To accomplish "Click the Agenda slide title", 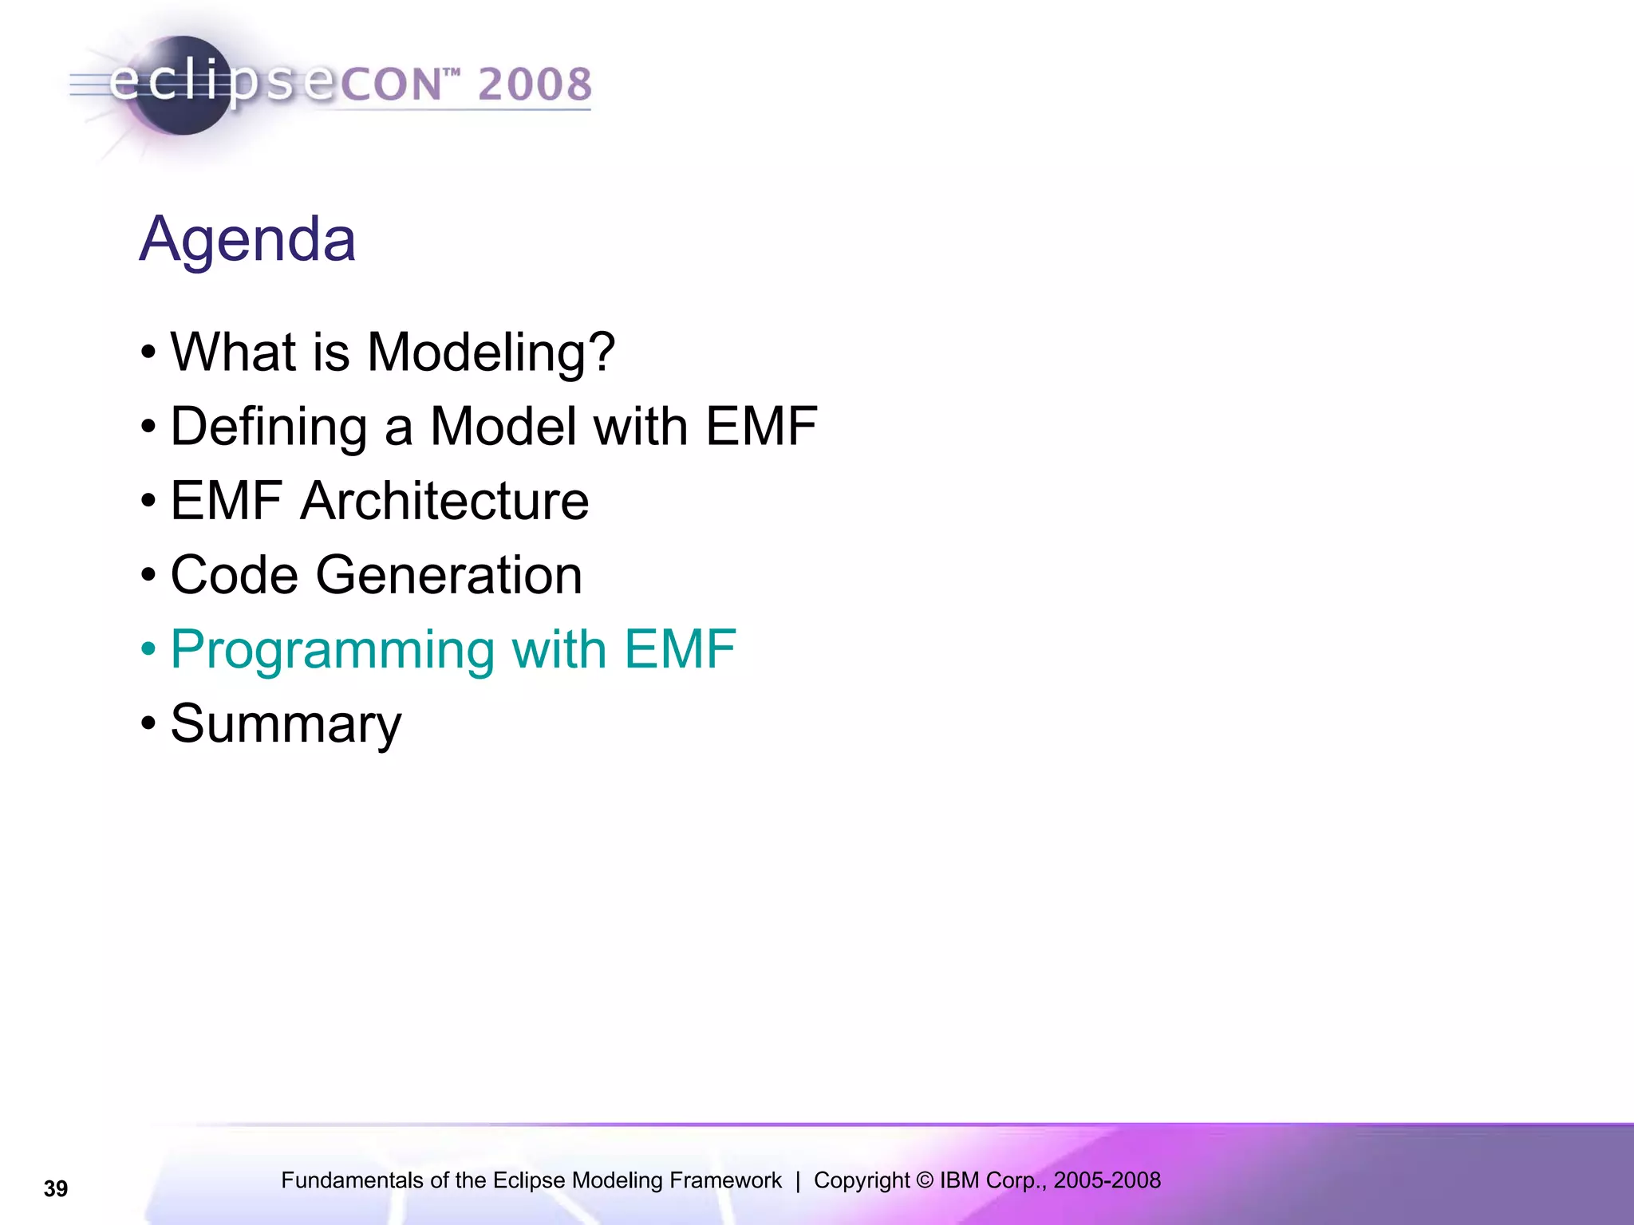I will [247, 239].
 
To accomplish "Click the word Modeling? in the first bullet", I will [491, 353].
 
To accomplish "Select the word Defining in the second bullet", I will [269, 427].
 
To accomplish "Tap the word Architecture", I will [444, 501].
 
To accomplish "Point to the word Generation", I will [448, 575].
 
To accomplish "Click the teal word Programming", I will [332, 649].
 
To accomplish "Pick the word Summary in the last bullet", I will [286, 724].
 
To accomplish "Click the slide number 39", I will [56, 1189].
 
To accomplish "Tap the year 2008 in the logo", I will [535, 85].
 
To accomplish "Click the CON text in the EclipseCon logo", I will [391, 85].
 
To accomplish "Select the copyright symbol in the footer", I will [924, 1180].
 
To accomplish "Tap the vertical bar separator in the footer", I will [798, 1180].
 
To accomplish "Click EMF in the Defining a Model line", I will [761, 427].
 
